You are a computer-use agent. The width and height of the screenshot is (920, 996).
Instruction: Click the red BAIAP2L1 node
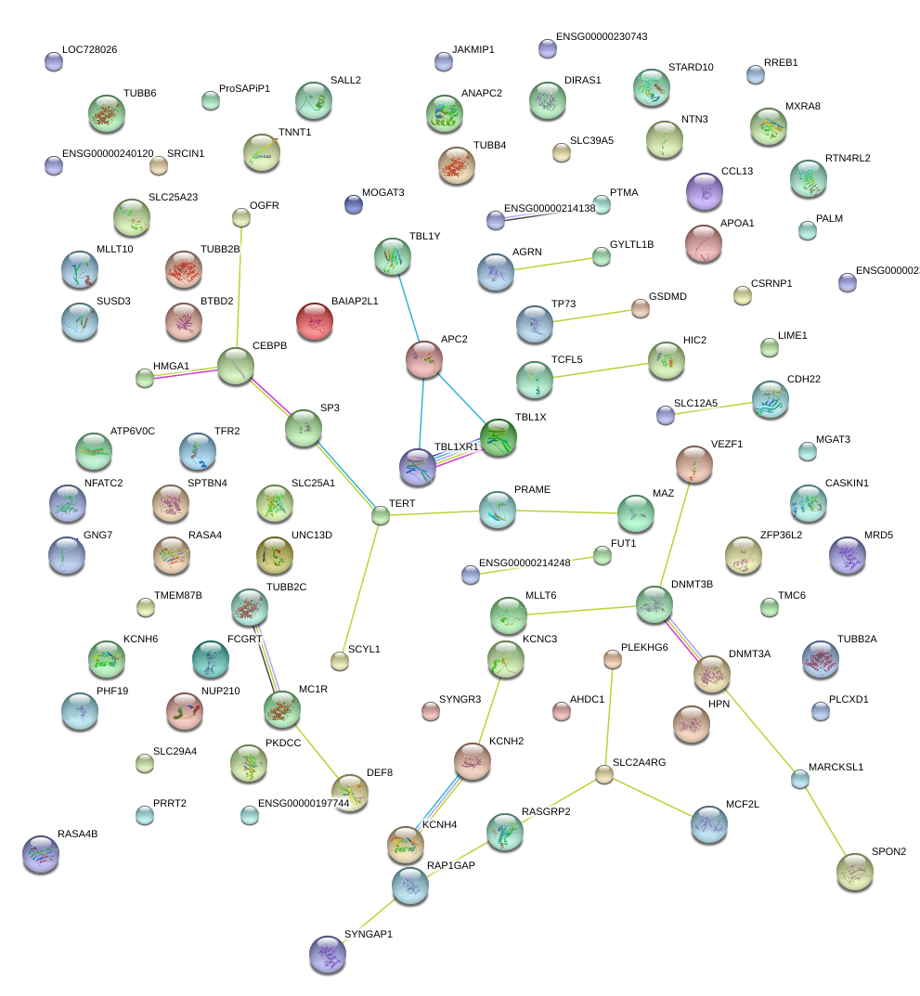[x=315, y=322]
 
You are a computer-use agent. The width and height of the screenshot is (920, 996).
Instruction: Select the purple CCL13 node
[x=704, y=192]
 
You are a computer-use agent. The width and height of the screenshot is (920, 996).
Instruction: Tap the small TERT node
[x=380, y=515]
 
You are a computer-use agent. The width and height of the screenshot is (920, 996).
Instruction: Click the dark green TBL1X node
[x=499, y=438]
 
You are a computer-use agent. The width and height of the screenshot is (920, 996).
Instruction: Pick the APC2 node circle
[x=424, y=359]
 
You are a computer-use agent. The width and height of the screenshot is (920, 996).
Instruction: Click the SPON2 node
[x=854, y=870]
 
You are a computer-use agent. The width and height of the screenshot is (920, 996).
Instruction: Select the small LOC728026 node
[x=54, y=62]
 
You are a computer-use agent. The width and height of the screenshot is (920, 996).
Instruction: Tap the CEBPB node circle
[x=236, y=367]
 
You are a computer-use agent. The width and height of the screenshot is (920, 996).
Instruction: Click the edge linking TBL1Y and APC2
[x=408, y=308]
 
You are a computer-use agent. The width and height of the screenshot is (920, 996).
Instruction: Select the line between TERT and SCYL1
[x=360, y=588]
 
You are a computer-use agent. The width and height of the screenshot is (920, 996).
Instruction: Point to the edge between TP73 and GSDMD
[x=588, y=316]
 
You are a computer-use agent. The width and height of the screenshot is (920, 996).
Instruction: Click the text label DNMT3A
[x=749, y=653]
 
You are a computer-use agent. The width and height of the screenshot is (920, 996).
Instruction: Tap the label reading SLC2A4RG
[x=639, y=761]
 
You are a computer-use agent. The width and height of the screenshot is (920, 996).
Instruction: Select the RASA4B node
[x=40, y=855]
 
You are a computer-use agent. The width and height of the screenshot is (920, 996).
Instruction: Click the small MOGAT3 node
[x=353, y=203]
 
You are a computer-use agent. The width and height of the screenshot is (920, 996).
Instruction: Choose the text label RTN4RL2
[x=848, y=158]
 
